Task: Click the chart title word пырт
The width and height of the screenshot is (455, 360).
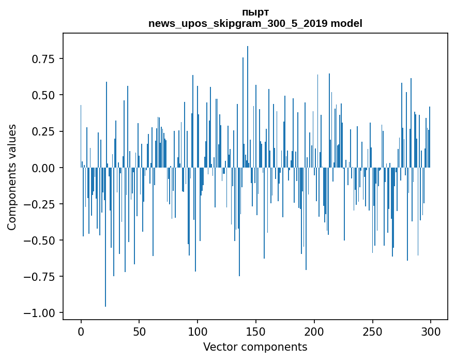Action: [255, 12]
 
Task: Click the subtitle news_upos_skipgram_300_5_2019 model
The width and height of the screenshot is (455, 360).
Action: [255, 23]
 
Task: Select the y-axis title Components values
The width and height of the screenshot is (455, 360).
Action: [12, 177]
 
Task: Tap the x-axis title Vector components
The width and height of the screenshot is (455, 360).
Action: [255, 347]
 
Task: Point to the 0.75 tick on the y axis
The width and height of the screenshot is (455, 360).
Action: [43, 59]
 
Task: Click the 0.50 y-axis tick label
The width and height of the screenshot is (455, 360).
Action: [43, 95]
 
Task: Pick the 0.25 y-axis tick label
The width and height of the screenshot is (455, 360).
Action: [43, 131]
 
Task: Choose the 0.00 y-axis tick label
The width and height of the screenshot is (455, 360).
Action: [43, 168]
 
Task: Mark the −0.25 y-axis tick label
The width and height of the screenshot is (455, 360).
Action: [40, 204]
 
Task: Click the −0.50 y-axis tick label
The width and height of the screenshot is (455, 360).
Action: [40, 240]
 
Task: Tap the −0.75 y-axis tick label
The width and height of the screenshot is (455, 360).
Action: [40, 276]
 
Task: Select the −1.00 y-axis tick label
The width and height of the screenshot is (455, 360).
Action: [40, 312]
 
